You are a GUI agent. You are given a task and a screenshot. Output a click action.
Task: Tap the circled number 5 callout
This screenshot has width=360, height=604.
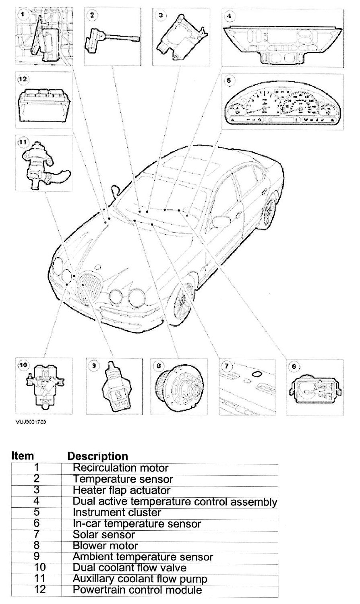[x=229, y=80]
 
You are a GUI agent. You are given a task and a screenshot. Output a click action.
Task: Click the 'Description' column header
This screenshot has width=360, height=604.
[x=98, y=456]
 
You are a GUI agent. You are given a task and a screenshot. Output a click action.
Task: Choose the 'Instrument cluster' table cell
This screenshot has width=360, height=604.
[x=117, y=513]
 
